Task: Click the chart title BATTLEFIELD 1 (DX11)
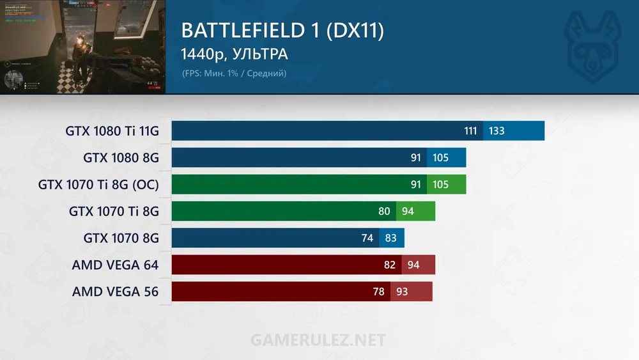pos(282,31)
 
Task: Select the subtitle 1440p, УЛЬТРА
pos(235,54)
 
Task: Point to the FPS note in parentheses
pos(234,74)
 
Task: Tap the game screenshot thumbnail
pos(82,47)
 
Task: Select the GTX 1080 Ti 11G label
pos(112,131)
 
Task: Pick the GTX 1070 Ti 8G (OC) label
pos(98,185)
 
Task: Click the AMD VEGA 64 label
pos(115,265)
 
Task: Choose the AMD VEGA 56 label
pos(115,292)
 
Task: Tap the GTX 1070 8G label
pos(121,238)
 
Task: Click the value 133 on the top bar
pos(497,131)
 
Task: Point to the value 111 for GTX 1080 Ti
pos(470,131)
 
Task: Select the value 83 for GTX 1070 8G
pos(391,238)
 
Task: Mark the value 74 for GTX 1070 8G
pos(367,238)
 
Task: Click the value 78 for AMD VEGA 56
pos(378,292)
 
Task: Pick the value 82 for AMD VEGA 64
pos(389,265)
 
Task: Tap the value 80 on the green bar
pos(384,211)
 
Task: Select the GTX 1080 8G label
pos(121,158)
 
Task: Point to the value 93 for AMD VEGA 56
pos(403,292)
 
